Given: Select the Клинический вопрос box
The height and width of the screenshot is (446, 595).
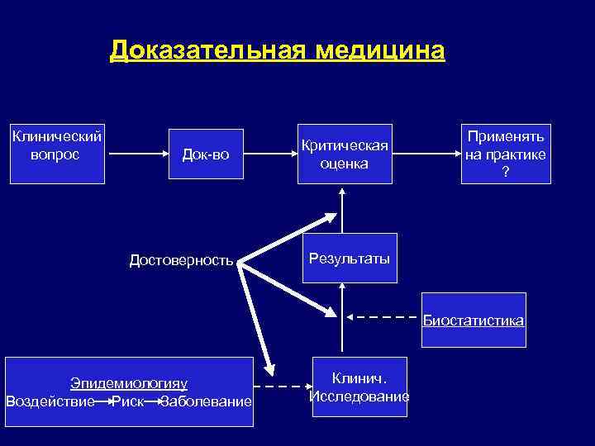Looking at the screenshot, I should click(x=56, y=143).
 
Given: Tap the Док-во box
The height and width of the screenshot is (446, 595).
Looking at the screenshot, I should click(x=203, y=154).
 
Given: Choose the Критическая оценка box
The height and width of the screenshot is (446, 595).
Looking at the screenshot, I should click(x=345, y=154).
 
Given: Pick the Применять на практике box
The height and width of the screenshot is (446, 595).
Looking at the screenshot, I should click(x=506, y=154).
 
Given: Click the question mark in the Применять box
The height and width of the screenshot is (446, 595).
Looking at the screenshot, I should click(x=506, y=172).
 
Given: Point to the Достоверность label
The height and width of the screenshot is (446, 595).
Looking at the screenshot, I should click(x=181, y=261).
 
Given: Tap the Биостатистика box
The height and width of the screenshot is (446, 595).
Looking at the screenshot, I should click(x=474, y=320).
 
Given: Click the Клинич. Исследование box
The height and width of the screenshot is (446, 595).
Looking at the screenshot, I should click(x=359, y=387).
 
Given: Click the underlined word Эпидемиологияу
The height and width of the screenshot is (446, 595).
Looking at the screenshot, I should click(x=129, y=383).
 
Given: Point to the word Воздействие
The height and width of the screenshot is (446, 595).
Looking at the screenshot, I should click(x=50, y=401).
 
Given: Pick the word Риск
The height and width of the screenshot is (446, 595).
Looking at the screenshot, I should click(x=127, y=401).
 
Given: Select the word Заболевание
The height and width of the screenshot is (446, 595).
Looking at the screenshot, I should click(x=206, y=401).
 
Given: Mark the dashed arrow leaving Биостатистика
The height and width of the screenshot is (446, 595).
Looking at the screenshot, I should click(x=382, y=316).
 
